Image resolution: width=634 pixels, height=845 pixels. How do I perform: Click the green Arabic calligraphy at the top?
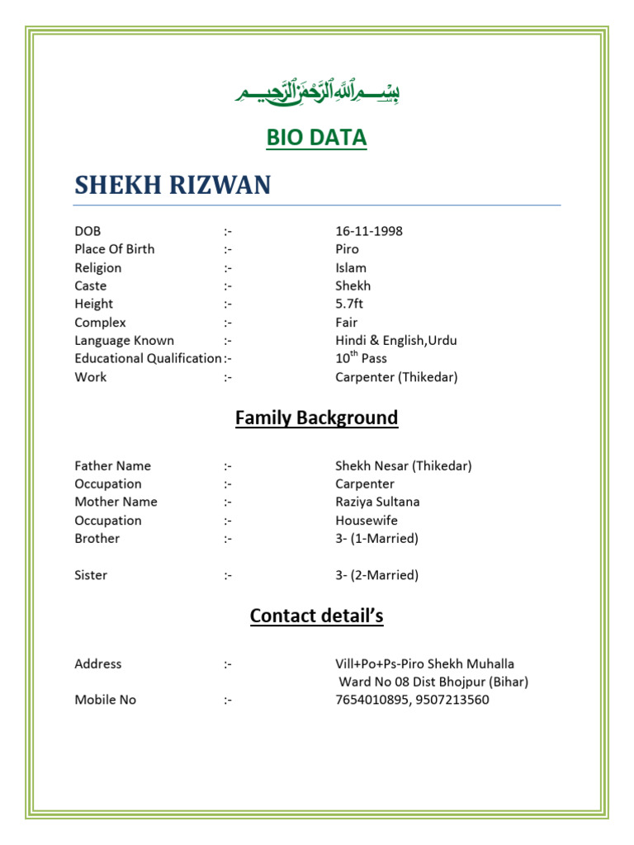(x=316, y=92)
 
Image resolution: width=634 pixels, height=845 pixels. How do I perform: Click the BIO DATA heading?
(x=316, y=138)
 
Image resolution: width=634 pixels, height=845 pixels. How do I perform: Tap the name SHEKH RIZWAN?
(x=173, y=185)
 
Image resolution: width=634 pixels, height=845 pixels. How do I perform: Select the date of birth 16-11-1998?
(x=368, y=231)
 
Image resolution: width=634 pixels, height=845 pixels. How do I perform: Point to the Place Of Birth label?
(x=114, y=249)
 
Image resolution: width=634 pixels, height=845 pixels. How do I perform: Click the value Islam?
(x=351, y=267)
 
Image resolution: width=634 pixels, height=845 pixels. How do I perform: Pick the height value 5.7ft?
(x=351, y=304)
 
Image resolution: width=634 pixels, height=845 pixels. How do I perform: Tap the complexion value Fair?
(x=347, y=323)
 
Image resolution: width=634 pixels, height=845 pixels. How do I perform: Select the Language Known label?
(x=124, y=341)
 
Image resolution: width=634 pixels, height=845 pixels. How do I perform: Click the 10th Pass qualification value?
(x=361, y=359)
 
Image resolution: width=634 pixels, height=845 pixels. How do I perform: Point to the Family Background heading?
(x=316, y=418)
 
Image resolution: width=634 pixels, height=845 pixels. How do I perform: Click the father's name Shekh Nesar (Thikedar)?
(x=403, y=466)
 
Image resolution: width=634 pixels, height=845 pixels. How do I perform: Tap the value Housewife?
(x=366, y=521)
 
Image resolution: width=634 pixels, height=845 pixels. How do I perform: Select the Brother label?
(x=97, y=539)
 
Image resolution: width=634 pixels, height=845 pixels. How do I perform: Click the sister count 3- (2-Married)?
(x=376, y=575)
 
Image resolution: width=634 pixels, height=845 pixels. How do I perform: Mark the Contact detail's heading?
(x=316, y=616)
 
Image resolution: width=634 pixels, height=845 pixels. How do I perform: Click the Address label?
(x=97, y=664)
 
